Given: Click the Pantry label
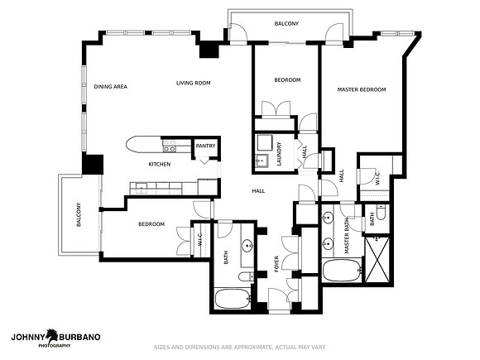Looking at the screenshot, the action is point(205,146).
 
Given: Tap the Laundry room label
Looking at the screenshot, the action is point(279,154).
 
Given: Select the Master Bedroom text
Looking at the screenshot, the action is point(362,89).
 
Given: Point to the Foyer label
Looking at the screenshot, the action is point(276,264).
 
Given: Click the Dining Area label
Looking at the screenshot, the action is point(110,87).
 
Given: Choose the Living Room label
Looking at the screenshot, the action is point(193,83).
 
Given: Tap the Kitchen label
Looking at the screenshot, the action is point(160,165).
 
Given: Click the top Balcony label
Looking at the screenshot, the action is point(286,23).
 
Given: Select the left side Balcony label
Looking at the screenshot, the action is point(79,214).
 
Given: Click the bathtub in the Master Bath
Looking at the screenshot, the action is point(342,271).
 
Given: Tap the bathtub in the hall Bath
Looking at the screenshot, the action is point(233,299).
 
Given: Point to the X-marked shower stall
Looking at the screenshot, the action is point(377,259).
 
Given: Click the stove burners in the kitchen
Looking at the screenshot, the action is point(170,146).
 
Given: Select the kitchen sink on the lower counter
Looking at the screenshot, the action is point(142,188).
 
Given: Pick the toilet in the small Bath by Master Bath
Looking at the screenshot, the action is point(381,213).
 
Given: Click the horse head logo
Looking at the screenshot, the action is point(52,336).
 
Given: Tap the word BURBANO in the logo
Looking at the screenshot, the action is point(79,337).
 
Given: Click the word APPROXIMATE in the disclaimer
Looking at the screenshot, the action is point(252,347).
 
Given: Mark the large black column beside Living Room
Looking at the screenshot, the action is point(209,50).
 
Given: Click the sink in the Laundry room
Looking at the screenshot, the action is point(262,161).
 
